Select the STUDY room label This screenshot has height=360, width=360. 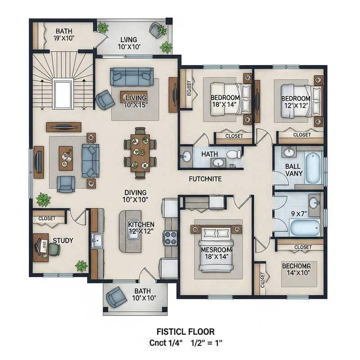coord(63,240)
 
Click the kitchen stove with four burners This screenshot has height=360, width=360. coord(171,237)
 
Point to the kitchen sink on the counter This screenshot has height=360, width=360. coord(97,240)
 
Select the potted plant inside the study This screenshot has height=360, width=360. coord(81,265)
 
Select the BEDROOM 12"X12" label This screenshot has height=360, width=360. coord(296,102)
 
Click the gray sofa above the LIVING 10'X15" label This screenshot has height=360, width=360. coord(132,76)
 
